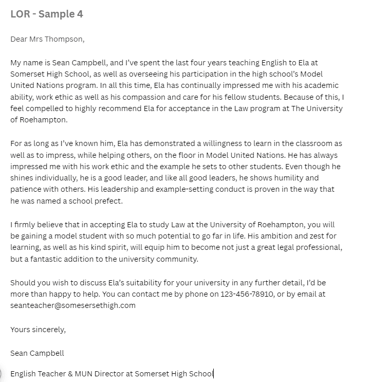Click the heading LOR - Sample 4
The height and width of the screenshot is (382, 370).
[47, 14]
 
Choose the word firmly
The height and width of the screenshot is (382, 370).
[27, 225]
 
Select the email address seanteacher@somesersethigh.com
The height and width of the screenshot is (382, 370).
[73, 305]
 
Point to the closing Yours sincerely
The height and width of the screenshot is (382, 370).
[38, 329]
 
